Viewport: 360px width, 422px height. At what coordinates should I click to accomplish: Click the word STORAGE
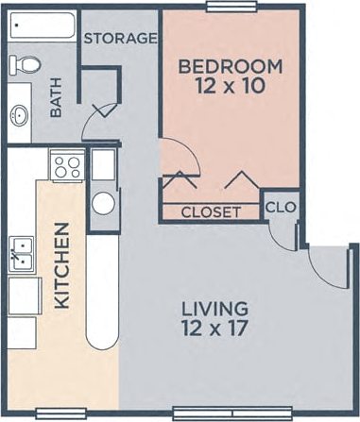[119, 39]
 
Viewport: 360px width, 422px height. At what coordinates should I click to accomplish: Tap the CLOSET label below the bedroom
[210, 211]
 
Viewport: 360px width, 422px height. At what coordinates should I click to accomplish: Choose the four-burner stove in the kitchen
[67, 167]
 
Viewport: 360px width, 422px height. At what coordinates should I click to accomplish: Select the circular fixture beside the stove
[103, 203]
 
